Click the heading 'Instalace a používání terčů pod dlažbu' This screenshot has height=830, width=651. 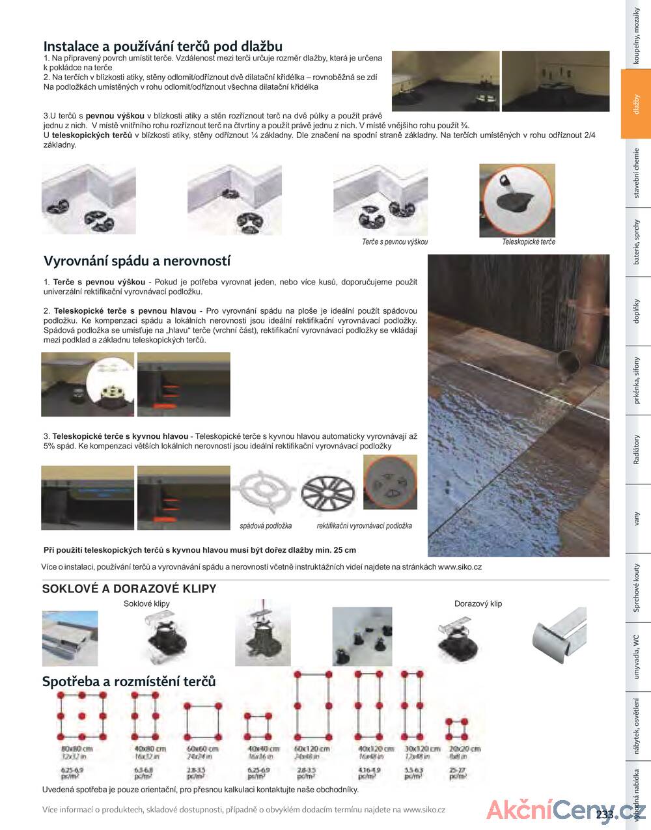(x=163, y=46)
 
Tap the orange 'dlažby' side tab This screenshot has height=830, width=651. (x=636, y=104)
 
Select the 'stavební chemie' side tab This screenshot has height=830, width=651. (x=636, y=173)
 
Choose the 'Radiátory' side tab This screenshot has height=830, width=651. (x=636, y=449)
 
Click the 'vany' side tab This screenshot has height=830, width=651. (x=636, y=519)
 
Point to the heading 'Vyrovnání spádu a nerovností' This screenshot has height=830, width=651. (x=137, y=261)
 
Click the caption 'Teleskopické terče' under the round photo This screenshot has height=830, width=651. (x=529, y=242)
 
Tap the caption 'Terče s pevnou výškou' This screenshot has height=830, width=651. (x=395, y=242)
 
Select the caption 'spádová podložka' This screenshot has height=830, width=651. (x=266, y=526)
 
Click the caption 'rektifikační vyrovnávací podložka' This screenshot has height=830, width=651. (x=364, y=526)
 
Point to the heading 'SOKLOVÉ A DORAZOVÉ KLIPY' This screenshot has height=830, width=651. (x=129, y=588)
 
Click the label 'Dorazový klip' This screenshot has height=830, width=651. (x=478, y=603)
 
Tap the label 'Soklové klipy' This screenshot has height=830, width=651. (x=146, y=603)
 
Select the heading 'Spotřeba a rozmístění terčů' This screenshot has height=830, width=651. (x=129, y=682)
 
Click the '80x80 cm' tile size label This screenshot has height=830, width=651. (x=77, y=749)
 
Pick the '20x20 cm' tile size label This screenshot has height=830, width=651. (x=465, y=749)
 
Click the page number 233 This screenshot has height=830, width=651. (x=604, y=814)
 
